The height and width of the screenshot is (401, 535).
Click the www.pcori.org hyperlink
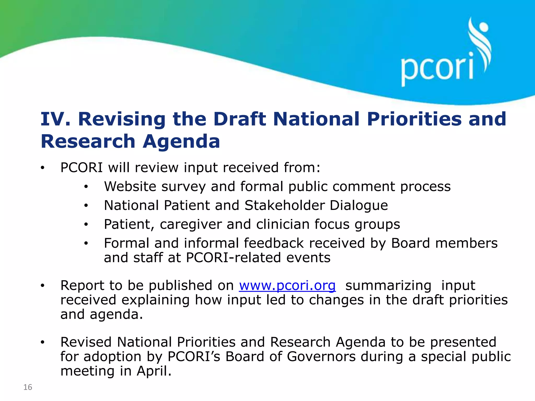287,285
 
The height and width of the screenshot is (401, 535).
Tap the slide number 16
28,387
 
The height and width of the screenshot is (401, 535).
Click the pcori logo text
437,68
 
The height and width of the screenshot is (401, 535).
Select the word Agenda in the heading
181,141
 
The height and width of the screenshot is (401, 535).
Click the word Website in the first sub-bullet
130,186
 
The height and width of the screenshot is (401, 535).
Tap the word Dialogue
359,205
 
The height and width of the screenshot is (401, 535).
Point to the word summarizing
388,285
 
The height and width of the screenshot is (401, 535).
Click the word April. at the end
154,371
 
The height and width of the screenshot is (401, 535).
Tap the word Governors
321,356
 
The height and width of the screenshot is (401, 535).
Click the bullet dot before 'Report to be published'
43,286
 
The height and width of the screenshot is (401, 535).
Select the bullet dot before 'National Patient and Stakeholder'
86,206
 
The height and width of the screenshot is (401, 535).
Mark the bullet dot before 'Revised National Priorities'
43,342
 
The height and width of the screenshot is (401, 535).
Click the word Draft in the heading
240,119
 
